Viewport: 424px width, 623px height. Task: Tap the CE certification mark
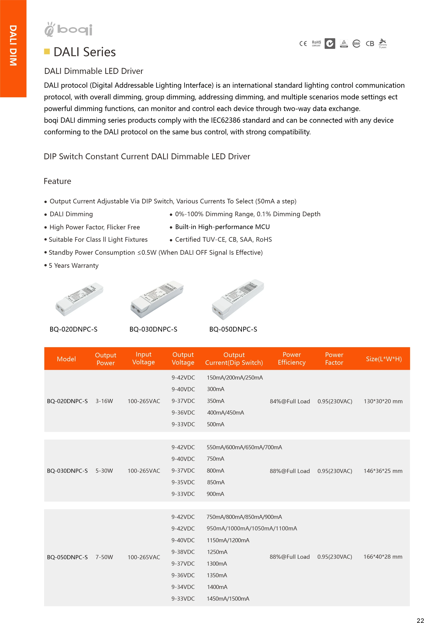tap(303, 43)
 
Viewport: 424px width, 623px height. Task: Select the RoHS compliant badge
tap(316, 43)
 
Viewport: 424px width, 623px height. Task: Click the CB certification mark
tap(370, 43)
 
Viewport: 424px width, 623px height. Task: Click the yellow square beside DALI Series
tap(47, 51)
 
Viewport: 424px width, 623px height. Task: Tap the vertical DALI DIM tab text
tap(13, 45)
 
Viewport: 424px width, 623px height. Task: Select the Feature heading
tap(57, 181)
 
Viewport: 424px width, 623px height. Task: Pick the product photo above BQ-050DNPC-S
tap(238, 299)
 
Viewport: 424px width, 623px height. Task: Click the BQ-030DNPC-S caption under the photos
tap(153, 329)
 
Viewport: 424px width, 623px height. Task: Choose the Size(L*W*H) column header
tap(384, 359)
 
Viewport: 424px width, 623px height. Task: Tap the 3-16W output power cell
tap(104, 401)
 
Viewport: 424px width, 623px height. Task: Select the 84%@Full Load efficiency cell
tap(290, 401)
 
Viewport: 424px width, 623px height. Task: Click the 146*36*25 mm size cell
tap(383, 471)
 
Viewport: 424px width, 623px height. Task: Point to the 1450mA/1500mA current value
tap(228, 599)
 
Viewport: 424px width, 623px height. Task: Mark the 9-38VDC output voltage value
tap(183, 552)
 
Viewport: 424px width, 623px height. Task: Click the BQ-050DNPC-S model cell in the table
tap(67, 557)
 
